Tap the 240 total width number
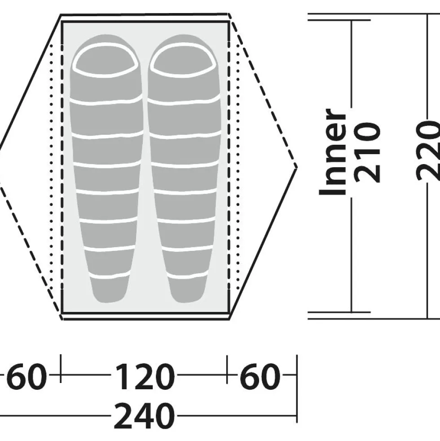[x=144, y=416]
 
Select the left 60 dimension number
[x=26, y=376]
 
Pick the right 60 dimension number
[x=260, y=376]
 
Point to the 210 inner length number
[x=366, y=152]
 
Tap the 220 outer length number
[x=428, y=151]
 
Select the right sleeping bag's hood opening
[x=184, y=60]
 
